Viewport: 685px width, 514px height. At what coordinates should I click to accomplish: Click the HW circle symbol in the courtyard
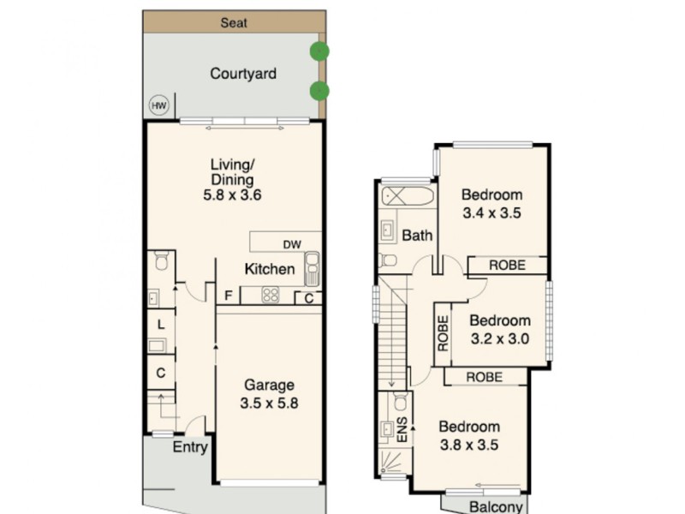(x=158, y=105)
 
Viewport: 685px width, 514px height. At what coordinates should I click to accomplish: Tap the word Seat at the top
(x=234, y=22)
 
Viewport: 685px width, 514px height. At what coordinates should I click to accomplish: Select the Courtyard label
(x=243, y=74)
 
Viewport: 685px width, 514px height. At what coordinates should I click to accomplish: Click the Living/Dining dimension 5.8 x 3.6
(x=232, y=195)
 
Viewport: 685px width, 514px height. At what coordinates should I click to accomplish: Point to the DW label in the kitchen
(x=292, y=244)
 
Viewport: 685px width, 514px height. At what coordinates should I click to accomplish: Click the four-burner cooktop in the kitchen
(x=271, y=295)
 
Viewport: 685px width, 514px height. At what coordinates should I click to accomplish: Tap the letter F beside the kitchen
(x=228, y=296)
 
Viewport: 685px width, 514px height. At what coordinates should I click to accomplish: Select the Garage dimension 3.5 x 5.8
(x=269, y=402)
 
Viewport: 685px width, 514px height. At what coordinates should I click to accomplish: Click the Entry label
(x=190, y=447)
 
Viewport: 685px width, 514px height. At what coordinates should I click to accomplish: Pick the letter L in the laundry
(x=160, y=324)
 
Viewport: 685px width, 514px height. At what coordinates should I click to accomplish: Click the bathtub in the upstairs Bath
(x=407, y=195)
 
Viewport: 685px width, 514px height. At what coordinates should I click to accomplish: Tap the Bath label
(x=418, y=236)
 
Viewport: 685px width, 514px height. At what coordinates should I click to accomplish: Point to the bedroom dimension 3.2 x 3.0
(x=501, y=338)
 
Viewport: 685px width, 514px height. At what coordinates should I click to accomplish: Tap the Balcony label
(x=496, y=506)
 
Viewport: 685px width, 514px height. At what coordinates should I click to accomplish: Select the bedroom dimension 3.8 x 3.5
(x=469, y=445)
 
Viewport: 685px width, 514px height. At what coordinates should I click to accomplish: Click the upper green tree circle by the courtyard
(x=319, y=51)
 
